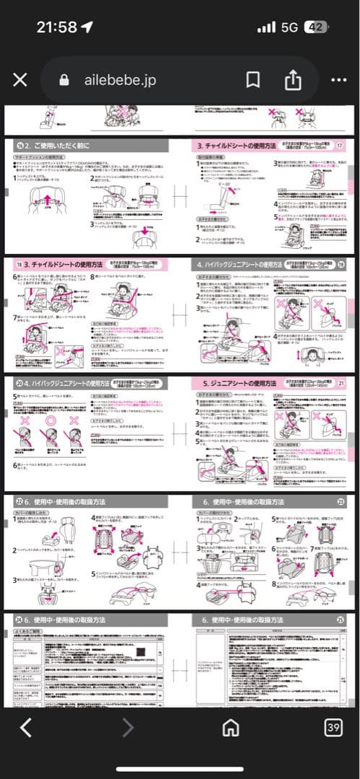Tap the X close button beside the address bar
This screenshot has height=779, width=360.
20,80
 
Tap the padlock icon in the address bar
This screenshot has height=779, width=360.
64,80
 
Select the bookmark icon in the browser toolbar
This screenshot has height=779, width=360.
253,80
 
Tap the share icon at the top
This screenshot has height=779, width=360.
292,80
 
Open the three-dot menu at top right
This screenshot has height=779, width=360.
338,80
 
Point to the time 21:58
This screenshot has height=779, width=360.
56,27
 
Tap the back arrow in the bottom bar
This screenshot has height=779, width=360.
26,727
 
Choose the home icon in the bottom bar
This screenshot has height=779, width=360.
231,727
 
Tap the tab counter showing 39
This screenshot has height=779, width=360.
333,727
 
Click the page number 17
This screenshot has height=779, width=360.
341,145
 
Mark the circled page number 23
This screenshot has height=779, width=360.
341,501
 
